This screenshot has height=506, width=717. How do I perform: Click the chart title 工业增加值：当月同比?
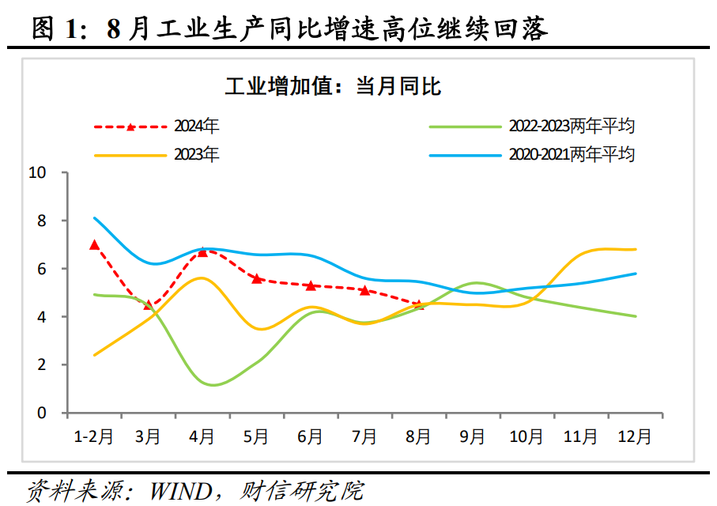333,86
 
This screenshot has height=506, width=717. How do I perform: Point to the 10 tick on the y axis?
37,172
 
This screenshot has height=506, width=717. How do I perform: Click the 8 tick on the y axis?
41,221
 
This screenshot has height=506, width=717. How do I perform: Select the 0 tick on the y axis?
41,413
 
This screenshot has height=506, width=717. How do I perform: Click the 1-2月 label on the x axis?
93,436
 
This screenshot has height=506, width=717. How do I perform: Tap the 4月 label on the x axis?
202,436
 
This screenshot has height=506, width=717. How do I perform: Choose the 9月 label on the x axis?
472,436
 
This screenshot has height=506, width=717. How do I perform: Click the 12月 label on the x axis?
635,436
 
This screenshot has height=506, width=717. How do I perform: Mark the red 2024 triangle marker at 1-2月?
95,244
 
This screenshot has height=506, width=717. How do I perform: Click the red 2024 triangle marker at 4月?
202,251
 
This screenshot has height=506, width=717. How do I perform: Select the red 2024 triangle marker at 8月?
419,304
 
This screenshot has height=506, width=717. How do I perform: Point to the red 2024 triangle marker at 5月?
256,278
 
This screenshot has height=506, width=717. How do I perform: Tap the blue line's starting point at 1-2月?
95,218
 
